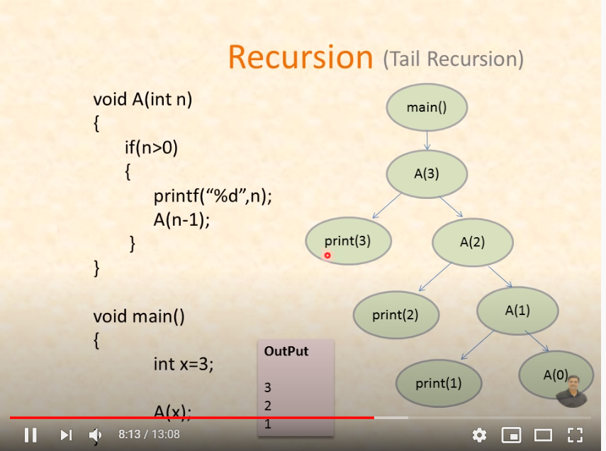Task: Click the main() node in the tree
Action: click(x=427, y=108)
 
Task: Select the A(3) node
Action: click(x=427, y=173)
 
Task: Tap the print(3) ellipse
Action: click(x=347, y=241)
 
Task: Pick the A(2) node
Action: click(x=472, y=242)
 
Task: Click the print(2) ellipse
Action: click(x=395, y=315)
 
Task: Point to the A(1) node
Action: click(x=517, y=310)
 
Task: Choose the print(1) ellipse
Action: click(x=438, y=384)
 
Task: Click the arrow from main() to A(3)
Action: click(x=427, y=140)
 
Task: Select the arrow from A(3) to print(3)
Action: click(x=388, y=207)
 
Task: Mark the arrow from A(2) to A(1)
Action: click(x=500, y=275)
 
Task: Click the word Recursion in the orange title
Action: click(x=301, y=57)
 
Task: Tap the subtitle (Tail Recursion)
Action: click(x=454, y=59)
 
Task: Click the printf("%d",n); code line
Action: click(x=213, y=195)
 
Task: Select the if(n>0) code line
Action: click(x=151, y=147)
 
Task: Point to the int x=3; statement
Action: click(x=184, y=364)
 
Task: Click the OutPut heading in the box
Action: click(x=286, y=351)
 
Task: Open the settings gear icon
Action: click(x=480, y=435)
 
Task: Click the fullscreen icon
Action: click(x=575, y=435)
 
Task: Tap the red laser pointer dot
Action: click(x=327, y=256)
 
